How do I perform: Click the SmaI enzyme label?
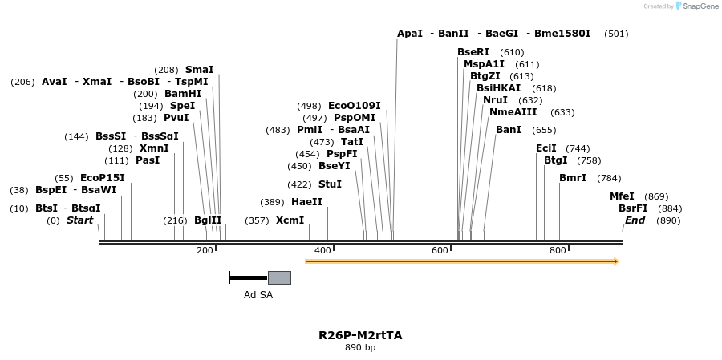(x=200, y=70)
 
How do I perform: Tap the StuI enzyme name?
(x=330, y=184)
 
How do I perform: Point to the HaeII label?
(x=306, y=202)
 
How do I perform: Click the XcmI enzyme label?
(x=290, y=220)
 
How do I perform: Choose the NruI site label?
(x=495, y=100)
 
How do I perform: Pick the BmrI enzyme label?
(x=573, y=178)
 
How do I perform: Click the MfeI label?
(x=622, y=196)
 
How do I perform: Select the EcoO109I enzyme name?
(x=355, y=106)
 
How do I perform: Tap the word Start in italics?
(x=79, y=220)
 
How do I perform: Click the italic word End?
(x=635, y=220)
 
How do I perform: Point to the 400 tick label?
(x=322, y=251)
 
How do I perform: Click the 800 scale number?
(x=558, y=251)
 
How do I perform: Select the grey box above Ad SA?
(x=279, y=277)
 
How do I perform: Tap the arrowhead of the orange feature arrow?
(x=615, y=261)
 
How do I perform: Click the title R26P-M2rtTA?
(x=360, y=335)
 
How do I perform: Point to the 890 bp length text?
(x=360, y=348)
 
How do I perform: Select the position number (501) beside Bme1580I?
(x=617, y=34)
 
